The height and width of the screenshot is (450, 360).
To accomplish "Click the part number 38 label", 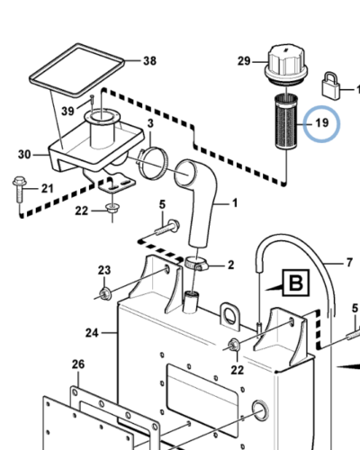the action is click(150, 61).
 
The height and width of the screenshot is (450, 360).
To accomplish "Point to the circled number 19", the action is click(322, 123).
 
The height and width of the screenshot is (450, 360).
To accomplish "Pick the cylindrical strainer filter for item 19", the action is click(286, 121).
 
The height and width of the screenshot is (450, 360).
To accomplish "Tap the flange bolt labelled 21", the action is click(19, 190).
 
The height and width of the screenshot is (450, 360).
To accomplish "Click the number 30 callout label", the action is click(24, 155).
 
